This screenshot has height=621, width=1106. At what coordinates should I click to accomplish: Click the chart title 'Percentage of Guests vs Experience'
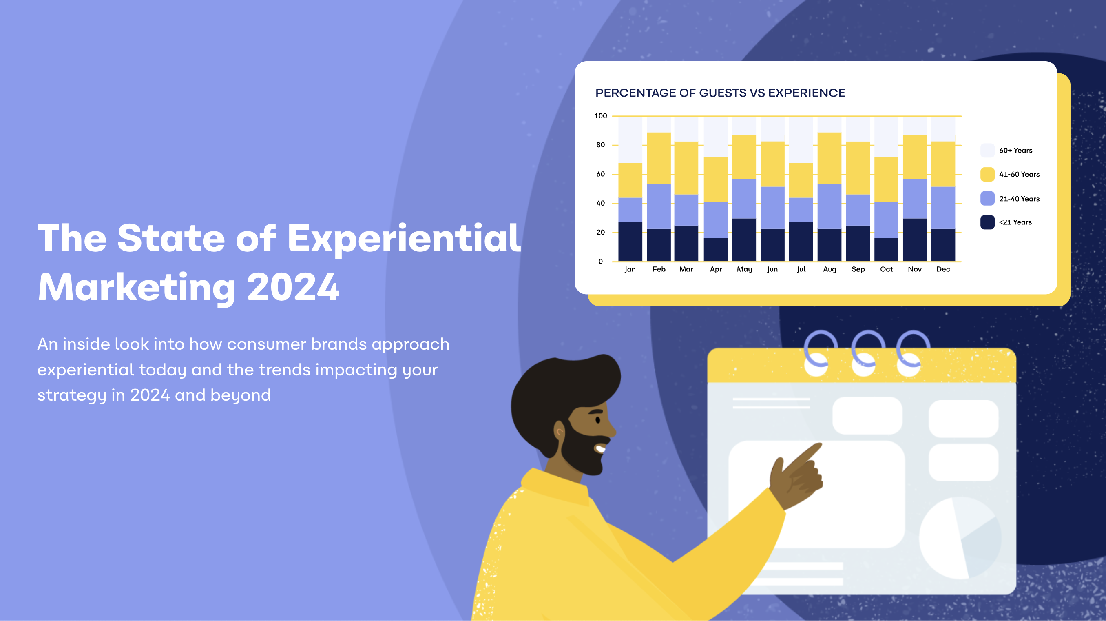click(x=720, y=93)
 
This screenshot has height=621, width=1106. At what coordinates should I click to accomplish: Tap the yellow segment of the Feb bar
click(x=659, y=158)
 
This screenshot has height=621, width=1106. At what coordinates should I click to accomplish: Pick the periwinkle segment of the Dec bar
click(x=943, y=207)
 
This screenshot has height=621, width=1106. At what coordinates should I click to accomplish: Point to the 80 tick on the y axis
click(x=600, y=145)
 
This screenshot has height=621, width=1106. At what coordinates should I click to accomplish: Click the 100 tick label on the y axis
click(x=600, y=116)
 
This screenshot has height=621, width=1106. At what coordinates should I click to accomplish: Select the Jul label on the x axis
click(x=801, y=269)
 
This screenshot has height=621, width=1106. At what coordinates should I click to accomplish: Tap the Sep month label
click(x=858, y=269)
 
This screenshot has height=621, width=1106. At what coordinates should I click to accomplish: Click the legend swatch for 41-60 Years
click(x=987, y=174)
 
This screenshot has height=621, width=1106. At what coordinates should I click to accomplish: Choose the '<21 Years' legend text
click(x=1015, y=222)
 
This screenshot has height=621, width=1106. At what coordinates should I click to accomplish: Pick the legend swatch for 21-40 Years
click(x=987, y=198)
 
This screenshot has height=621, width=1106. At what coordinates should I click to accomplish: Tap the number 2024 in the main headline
click(x=293, y=287)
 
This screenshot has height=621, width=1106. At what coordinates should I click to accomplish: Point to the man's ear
click(x=559, y=431)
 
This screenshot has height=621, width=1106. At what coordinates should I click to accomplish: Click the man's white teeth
click(x=600, y=449)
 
